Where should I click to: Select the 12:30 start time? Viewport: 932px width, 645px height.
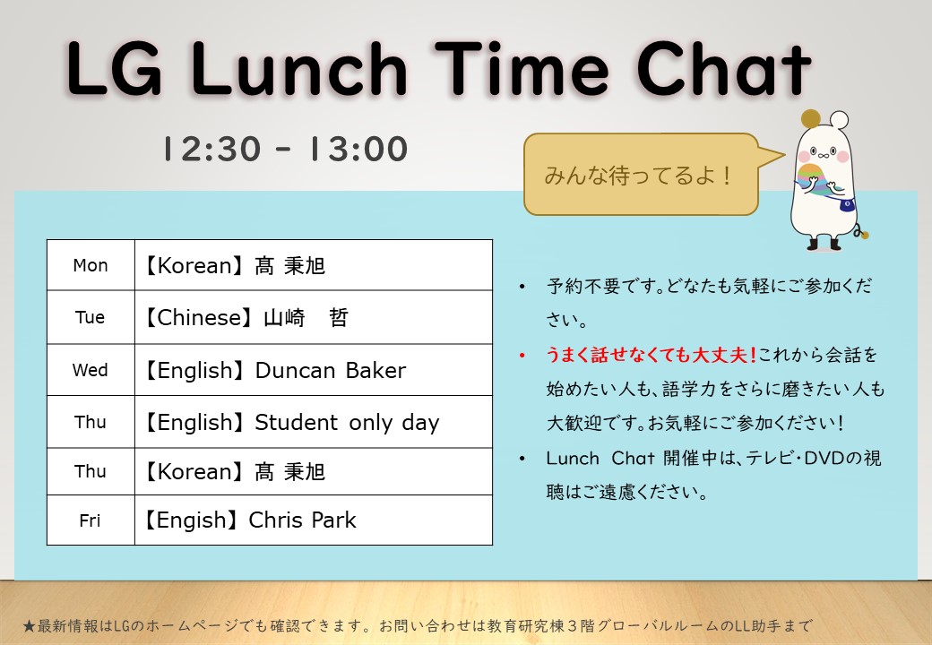click(x=211, y=149)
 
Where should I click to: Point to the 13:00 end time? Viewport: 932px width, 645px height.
click(x=358, y=149)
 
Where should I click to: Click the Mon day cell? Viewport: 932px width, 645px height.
click(x=91, y=265)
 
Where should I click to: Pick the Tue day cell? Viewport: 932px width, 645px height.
click(x=90, y=317)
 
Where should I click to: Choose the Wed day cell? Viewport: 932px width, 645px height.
click(x=91, y=370)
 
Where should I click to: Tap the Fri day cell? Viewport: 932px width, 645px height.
click(x=90, y=520)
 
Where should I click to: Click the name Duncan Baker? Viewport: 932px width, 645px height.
click(x=331, y=370)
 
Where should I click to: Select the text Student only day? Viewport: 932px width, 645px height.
click(x=347, y=422)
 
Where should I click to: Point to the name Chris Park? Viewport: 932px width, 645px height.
click(x=303, y=520)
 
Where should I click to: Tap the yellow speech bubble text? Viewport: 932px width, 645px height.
click(x=637, y=176)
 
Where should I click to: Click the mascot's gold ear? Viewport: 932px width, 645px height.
click(x=810, y=119)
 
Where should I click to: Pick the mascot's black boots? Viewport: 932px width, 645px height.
click(x=824, y=244)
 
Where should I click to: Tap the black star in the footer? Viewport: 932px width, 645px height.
click(x=29, y=626)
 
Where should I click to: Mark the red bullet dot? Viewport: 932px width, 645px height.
click(x=522, y=355)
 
